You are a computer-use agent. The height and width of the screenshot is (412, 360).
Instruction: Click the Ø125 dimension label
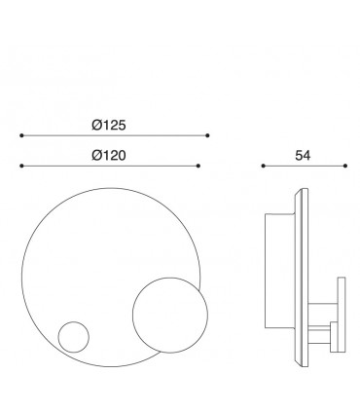click(109, 125)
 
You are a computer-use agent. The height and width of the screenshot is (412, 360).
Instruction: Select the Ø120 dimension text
click(109, 156)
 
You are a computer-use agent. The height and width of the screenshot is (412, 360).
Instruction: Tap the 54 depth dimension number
click(303, 156)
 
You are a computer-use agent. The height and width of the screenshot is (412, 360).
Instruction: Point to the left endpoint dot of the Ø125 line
click(21, 135)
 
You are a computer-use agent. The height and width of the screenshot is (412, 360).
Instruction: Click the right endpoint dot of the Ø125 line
click(207, 135)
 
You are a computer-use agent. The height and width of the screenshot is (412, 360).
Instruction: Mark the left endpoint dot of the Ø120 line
click(21, 166)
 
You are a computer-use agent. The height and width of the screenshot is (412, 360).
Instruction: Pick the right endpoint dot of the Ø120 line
click(198, 166)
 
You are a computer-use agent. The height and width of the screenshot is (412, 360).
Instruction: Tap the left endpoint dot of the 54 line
click(263, 166)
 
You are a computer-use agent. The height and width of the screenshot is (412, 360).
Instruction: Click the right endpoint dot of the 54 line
click(345, 166)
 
